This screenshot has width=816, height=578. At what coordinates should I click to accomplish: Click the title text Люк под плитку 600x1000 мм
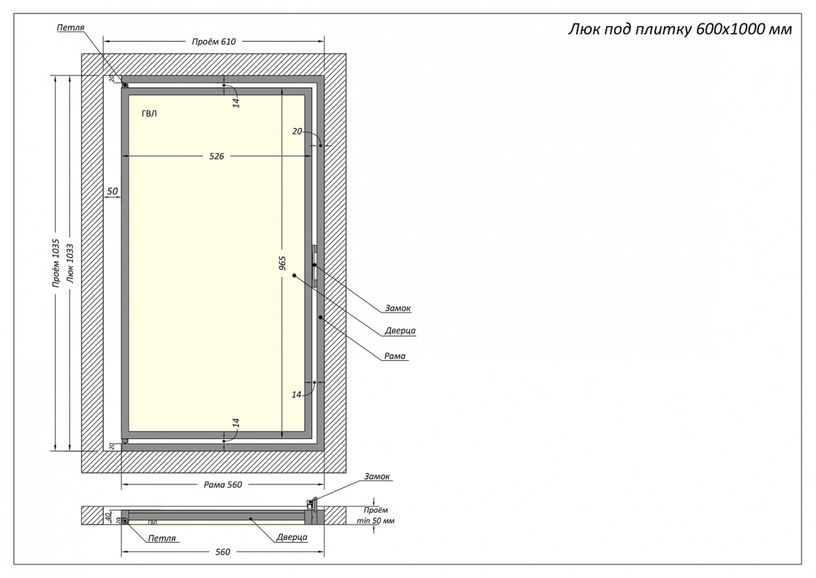tap(679, 31)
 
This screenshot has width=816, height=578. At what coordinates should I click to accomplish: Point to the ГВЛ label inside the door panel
tap(149, 114)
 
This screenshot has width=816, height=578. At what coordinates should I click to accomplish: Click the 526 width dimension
tap(217, 157)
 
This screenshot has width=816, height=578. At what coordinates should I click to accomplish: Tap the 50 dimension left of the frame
tap(112, 191)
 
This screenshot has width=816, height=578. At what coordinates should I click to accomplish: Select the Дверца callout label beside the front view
tap(400, 331)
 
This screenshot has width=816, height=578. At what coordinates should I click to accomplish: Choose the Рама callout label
tap(396, 355)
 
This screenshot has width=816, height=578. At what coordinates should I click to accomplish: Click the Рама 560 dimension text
tap(223, 485)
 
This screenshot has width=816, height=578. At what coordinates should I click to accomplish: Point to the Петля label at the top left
tap(71, 27)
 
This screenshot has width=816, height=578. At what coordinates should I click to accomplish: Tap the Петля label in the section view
tap(162, 538)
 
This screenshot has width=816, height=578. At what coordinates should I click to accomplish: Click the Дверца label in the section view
tap(292, 537)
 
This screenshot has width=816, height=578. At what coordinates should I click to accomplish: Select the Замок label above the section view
tap(377, 477)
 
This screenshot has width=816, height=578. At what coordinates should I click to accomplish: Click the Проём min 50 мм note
tap(375, 515)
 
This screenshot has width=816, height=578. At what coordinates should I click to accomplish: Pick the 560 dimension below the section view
tap(223, 551)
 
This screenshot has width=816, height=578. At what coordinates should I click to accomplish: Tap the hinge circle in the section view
tap(125, 521)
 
